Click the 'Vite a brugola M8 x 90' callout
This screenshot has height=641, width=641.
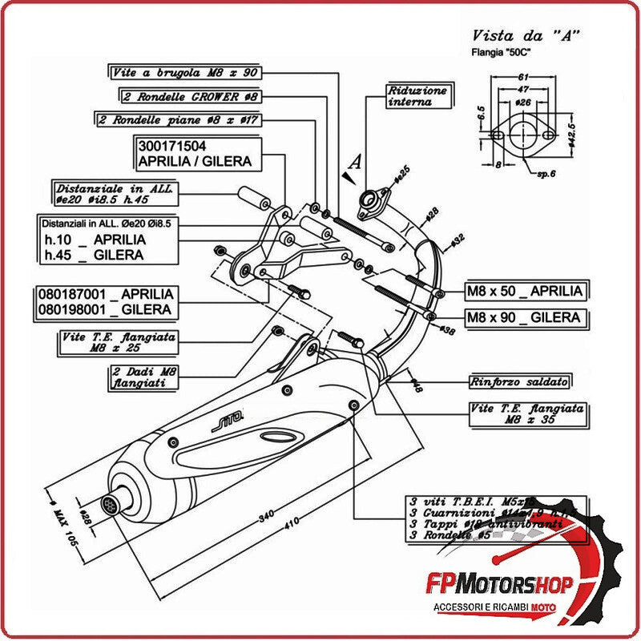click(184, 72)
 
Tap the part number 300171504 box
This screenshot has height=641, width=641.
click(195, 153)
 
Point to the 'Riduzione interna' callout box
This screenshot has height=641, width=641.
click(417, 96)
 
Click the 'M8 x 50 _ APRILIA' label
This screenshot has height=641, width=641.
click(525, 290)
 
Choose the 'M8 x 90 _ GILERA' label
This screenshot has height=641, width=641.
click(525, 317)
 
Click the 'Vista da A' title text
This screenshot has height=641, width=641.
click(525, 35)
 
